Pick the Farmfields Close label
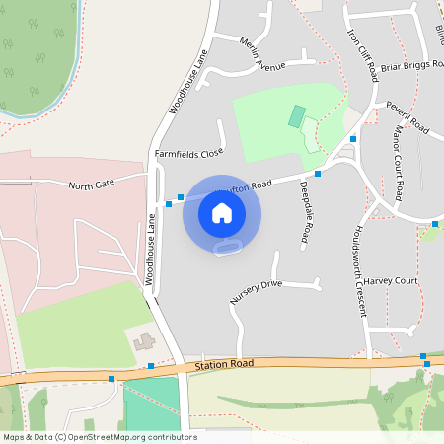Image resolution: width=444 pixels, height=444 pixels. [189, 154]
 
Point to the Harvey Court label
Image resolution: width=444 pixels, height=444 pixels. [391, 281]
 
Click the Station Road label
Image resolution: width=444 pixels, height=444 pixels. [224, 363]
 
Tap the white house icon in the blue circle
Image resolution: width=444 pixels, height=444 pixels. [222, 212]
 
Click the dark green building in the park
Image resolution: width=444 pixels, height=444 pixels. [296, 116]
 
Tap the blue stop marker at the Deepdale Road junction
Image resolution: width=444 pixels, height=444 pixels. [318, 173]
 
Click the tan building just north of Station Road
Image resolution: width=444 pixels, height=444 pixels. [145, 342]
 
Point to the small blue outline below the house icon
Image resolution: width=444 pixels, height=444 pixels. [229, 247]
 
